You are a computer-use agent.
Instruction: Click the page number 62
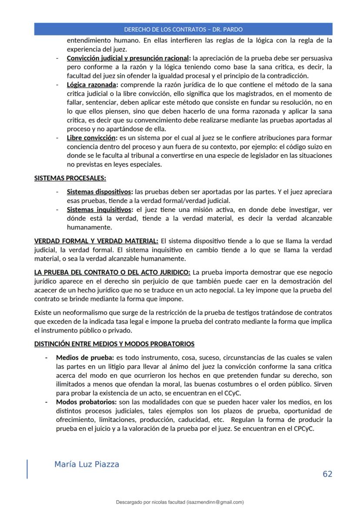pos(327,474)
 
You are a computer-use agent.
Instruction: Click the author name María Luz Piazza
pos(87,464)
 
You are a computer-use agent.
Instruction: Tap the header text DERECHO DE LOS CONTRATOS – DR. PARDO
pos(183,30)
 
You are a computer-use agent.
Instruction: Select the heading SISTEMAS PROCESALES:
pos(70,178)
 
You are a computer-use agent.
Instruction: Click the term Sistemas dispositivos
pos(99,191)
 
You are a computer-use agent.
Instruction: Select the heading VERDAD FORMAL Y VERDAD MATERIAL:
pos(96,240)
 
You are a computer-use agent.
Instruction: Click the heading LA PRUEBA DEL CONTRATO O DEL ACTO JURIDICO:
pos(112,272)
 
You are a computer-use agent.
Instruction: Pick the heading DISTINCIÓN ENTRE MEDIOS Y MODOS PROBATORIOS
pos(114,344)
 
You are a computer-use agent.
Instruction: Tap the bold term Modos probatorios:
pos(86,402)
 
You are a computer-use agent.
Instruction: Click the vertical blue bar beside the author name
pos(27,469)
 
